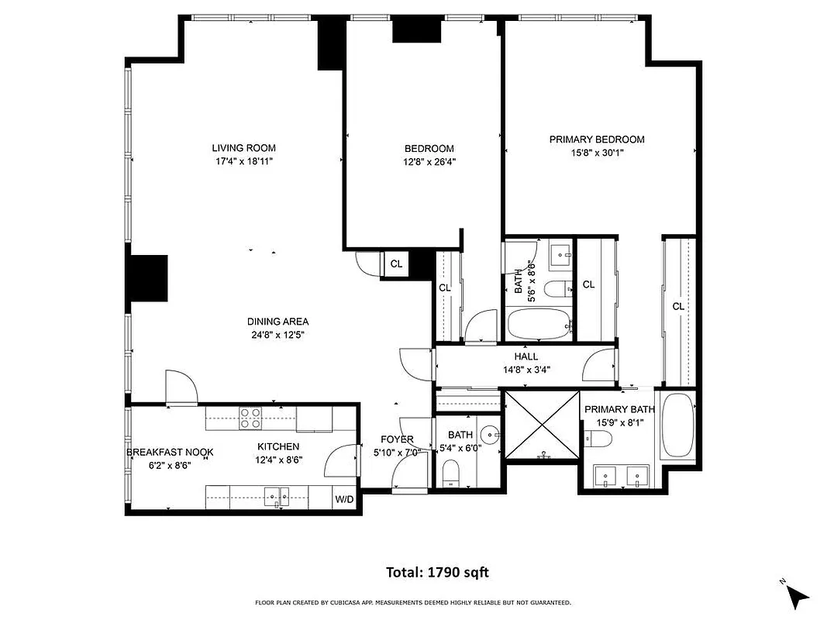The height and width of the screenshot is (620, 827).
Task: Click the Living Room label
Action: pyautogui.click(x=244, y=148)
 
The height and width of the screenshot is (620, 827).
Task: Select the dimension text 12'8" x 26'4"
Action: pyautogui.click(x=429, y=162)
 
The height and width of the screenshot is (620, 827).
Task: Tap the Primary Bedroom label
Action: pyautogui.click(x=597, y=139)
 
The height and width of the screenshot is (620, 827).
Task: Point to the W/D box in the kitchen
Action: pyautogui.click(x=344, y=499)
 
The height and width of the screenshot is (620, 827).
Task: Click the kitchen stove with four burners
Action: pyautogui.click(x=250, y=418)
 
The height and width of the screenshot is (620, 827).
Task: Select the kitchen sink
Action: pyautogui.click(x=275, y=495)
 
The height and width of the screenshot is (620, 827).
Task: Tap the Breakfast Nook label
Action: pyautogui.click(x=170, y=453)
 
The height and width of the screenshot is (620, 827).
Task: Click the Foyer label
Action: pyautogui.click(x=396, y=439)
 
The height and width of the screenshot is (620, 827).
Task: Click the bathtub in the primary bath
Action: pyautogui.click(x=679, y=428)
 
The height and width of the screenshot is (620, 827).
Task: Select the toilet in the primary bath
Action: pyautogui.click(x=598, y=439)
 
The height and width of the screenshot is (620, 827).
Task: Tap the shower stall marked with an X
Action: pyautogui.click(x=541, y=425)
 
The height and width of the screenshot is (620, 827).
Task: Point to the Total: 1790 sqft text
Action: pyautogui.click(x=438, y=573)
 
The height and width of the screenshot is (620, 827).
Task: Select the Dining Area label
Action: pyautogui.click(x=277, y=322)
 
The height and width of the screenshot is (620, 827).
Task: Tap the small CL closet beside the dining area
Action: pyautogui.click(x=396, y=264)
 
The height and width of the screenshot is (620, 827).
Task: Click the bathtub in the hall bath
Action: pyautogui.click(x=539, y=323)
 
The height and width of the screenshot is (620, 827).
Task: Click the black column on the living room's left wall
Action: pyautogui.click(x=148, y=278)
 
